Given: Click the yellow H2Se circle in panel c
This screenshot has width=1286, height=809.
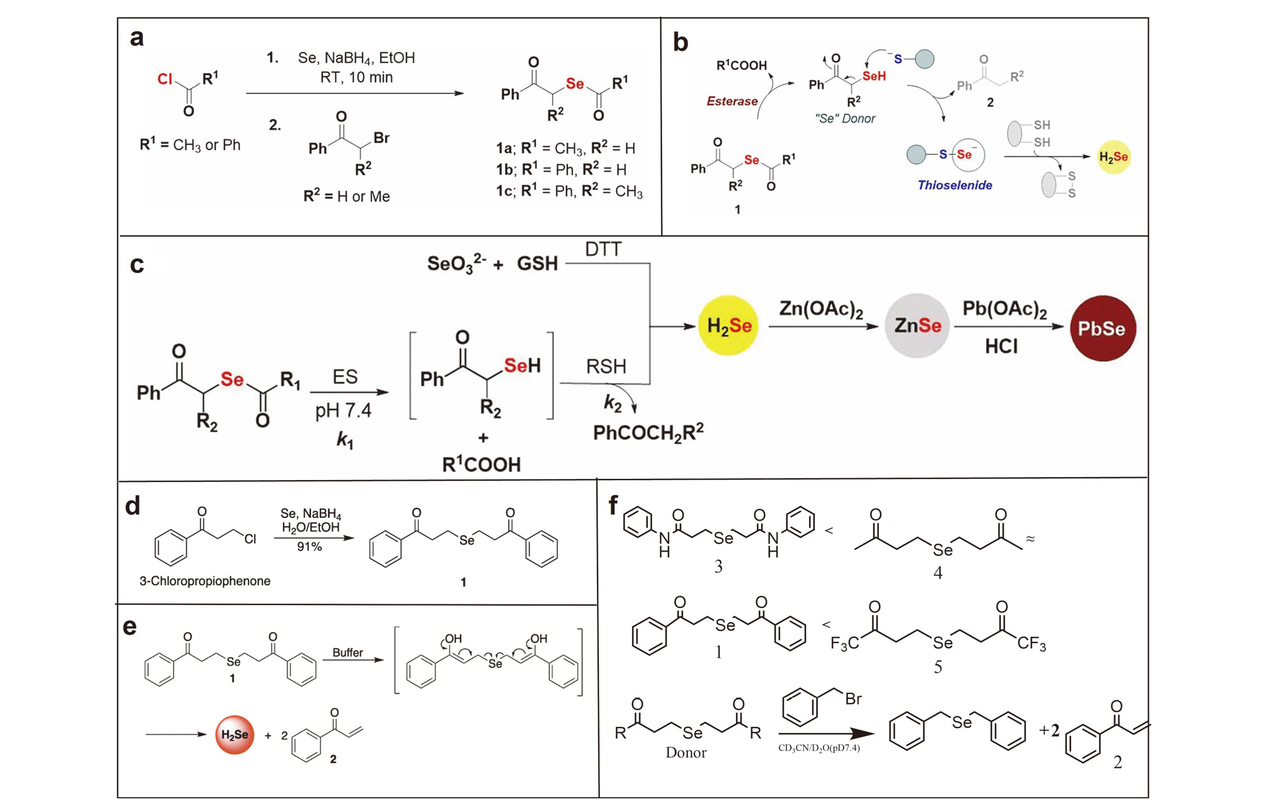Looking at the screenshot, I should pyautogui.click(x=728, y=325).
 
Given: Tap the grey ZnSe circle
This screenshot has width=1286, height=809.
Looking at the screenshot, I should pyautogui.click(x=917, y=326).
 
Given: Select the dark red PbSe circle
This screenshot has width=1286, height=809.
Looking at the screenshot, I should pyautogui.click(x=1103, y=328).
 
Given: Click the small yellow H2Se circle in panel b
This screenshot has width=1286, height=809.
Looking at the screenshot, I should pyautogui.click(x=1113, y=157).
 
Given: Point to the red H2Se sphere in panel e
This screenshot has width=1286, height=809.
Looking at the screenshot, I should pyautogui.click(x=234, y=735).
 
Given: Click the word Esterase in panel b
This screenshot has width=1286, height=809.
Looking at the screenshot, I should pyautogui.click(x=732, y=101).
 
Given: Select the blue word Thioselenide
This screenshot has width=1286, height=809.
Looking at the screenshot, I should pyautogui.click(x=954, y=185).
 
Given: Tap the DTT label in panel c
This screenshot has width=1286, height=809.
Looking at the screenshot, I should pyautogui.click(x=603, y=250).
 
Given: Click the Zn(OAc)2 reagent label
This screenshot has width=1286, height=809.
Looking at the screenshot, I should pyautogui.click(x=821, y=309).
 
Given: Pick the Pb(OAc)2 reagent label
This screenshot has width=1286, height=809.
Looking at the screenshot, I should pyautogui.click(x=1004, y=309).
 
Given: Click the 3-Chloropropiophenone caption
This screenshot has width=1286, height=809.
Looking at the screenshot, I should pyautogui.click(x=204, y=581).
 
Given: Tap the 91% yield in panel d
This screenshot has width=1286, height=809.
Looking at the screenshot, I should pyautogui.click(x=309, y=547).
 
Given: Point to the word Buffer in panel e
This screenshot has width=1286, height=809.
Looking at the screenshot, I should pyautogui.click(x=347, y=652).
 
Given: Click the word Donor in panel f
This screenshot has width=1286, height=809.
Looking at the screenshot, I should pyautogui.click(x=685, y=753).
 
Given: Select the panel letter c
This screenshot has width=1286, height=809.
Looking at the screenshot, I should pyautogui.click(x=137, y=264).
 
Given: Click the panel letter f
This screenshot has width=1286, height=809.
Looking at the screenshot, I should pyautogui.click(x=613, y=504).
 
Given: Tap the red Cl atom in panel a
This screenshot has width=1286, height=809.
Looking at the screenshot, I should pyautogui.click(x=165, y=79).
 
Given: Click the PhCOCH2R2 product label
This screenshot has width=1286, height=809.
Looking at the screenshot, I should pyautogui.click(x=647, y=433).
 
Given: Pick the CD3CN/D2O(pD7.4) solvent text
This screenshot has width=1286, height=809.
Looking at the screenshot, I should pyautogui.click(x=818, y=748).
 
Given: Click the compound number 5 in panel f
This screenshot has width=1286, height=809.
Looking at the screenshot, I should pyautogui.click(x=938, y=667).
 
